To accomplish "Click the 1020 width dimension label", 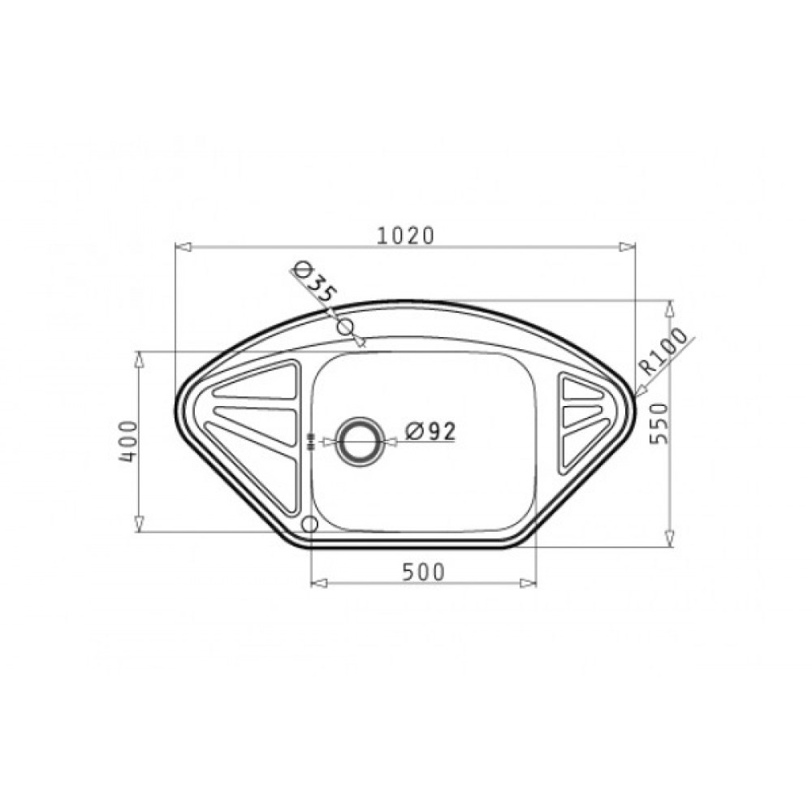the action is pyautogui.click(x=405, y=236).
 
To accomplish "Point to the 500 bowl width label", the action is pyautogui.click(x=424, y=572).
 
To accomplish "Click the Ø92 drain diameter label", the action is pyautogui.click(x=431, y=431).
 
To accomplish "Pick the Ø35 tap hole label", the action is pyautogui.click(x=313, y=283).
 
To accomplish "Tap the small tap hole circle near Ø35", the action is pyautogui.click(x=345, y=327).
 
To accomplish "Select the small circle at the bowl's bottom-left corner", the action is pyautogui.click(x=309, y=525).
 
